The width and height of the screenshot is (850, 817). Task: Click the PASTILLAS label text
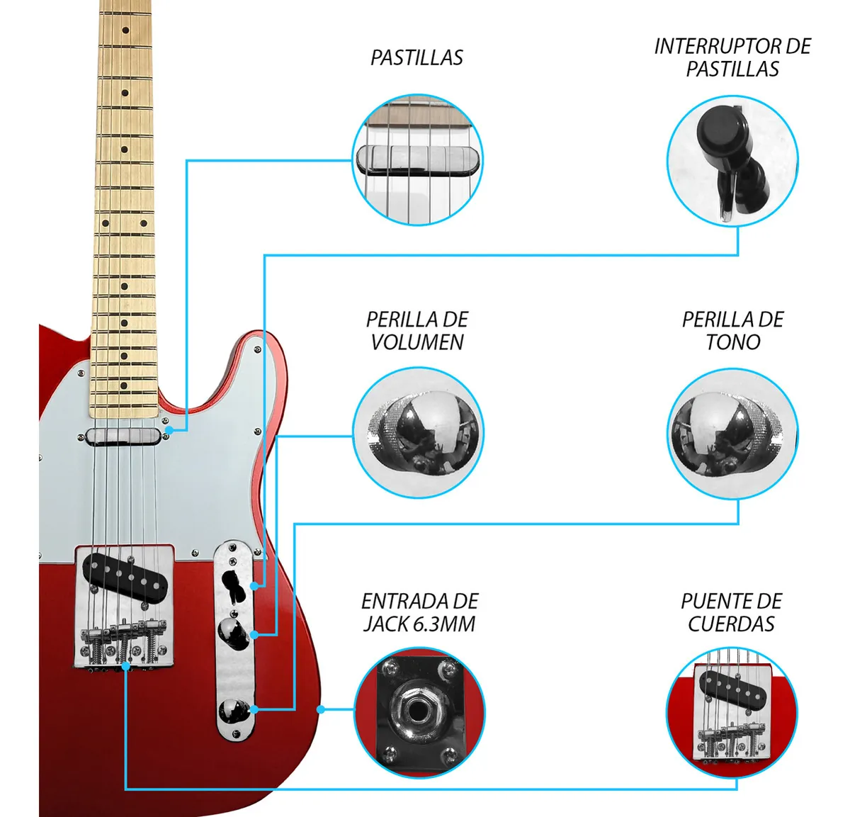[x=416, y=57]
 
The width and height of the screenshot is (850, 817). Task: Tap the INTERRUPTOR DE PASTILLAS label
[x=732, y=57]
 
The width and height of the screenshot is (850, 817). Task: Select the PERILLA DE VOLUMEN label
[x=416, y=330]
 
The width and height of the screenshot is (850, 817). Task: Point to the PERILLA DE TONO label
[x=732, y=330]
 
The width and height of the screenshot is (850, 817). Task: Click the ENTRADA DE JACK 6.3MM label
[x=419, y=612]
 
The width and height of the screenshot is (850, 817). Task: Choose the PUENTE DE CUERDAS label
[x=731, y=612]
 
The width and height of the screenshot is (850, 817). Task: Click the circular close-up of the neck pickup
[x=418, y=160]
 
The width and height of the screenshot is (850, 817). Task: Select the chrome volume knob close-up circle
[x=418, y=432]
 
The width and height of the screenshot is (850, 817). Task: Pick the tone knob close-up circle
[x=732, y=432]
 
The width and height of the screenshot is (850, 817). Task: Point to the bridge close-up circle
[x=732, y=712]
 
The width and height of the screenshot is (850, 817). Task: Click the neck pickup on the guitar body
[x=124, y=434]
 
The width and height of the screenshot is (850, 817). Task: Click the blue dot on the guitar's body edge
[x=320, y=709]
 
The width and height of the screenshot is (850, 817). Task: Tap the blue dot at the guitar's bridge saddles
[x=125, y=666]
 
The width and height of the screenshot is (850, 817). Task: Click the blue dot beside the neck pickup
[x=169, y=430]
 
